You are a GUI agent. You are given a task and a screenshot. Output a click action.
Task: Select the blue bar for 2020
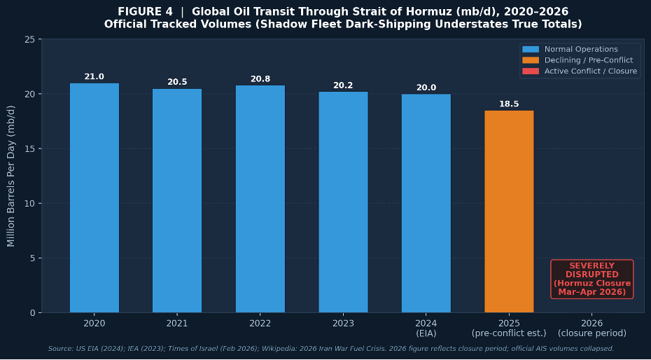click(x=94, y=198)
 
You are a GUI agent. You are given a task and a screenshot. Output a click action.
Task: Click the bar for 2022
click(x=260, y=199)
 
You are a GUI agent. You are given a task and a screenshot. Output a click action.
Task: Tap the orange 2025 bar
click(x=509, y=212)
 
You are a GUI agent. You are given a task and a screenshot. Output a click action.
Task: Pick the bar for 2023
click(x=344, y=202)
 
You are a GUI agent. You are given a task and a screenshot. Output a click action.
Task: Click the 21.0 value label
click(x=94, y=77)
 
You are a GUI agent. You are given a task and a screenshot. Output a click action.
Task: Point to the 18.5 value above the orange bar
click(x=509, y=104)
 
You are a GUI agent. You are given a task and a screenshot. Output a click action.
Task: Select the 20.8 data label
click(x=260, y=79)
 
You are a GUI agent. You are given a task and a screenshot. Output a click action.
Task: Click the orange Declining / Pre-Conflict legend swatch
click(x=531, y=60)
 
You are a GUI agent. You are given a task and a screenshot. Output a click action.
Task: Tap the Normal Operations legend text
click(x=581, y=50)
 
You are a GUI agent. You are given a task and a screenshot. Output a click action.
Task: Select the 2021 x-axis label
click(x=177, y=324)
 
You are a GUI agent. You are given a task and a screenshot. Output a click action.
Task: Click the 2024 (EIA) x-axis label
click(x=426, y=328)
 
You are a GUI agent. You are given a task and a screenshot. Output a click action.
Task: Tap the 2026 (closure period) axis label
click(x=592, y=328)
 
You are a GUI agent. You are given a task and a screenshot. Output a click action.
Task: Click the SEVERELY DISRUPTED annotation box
click(x=592, y=279)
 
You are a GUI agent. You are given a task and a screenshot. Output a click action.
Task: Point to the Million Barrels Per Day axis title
click(x=11, y=176)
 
